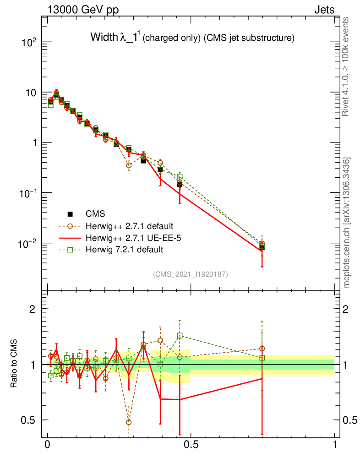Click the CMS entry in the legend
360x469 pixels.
pyautogui.click(x=95, y=214)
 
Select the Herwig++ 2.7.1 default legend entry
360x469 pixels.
pyautogui.click(x=129, y=226)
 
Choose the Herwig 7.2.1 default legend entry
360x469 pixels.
pyautogui.click(x=124, y=250)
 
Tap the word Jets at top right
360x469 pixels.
pyautogui.click(x=324, y=10)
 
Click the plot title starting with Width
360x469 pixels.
pyautogui.click(x=192, y=38)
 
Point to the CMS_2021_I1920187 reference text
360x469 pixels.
pyautogui.click(x=191, y=274)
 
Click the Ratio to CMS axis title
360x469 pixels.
pyautogui.click(x=14, y=364)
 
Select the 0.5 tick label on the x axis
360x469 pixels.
pyautogui.click(x=191, y=445)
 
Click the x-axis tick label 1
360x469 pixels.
pyautogui.click(x=335, y=445)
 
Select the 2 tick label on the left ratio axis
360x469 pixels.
pyautogui.click(x=33, y=309)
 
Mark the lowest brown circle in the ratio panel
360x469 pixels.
pyautogui.click(x=129, y=422)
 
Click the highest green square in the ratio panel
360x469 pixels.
pyautogui.click(x=180, y=336)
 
